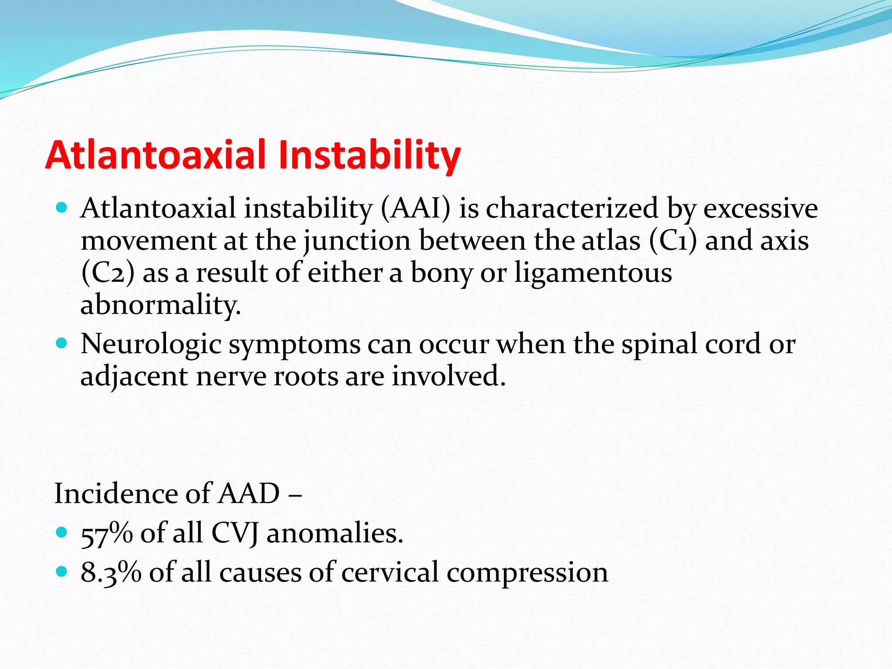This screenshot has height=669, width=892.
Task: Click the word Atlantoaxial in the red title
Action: (x=156, y=155)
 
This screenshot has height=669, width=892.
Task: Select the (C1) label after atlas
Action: (x=673, y=240)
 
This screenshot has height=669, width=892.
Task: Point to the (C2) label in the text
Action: (x=108, y=273)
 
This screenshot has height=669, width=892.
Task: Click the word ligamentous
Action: (x=593, y=273)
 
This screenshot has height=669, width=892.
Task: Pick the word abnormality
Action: (x=160, y=305)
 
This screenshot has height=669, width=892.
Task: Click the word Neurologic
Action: (x=151, y=344)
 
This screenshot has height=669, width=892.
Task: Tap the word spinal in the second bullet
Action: (x=659, y=344)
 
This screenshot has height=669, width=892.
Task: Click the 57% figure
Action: (x=107, y=533)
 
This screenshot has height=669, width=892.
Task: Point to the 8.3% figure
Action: (x=111, y=572)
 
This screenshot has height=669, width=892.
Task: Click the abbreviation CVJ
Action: (x=235, y=533)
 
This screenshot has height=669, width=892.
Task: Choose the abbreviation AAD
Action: (x=249, y=494)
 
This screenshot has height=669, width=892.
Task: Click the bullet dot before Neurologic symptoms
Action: (x=62, y=343)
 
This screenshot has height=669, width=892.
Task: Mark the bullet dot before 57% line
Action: (x=62, y=532)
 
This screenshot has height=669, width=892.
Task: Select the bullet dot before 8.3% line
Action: (x=62, y=571)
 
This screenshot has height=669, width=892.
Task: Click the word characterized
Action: (x=572, y=208)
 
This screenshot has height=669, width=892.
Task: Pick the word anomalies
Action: (x=334, y=533)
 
